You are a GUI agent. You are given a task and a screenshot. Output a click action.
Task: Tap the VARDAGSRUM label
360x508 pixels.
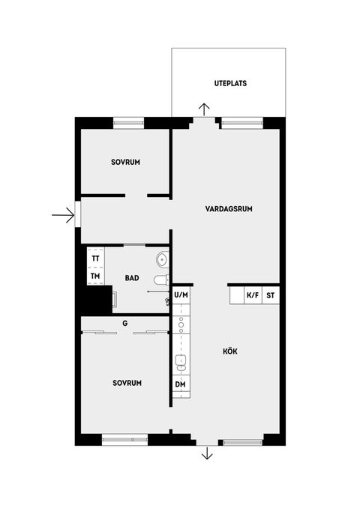click(x=229, y=209)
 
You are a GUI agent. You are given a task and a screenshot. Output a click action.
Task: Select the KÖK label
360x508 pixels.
click(x=229, y=351)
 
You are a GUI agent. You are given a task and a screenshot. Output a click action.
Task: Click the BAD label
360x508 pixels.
click(x=132, y=278)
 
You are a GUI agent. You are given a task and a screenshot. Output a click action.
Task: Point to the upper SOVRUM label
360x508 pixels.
click(x=126, y=162)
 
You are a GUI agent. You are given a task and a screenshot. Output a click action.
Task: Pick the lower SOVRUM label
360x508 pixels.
click(x=127, y=382)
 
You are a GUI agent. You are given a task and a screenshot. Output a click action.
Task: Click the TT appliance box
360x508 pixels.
click(x=95, y=258)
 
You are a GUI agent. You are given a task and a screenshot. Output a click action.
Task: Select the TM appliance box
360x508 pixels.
click(x=95, y=276)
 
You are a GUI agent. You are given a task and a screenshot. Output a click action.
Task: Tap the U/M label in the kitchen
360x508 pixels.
click(x=181, y=295)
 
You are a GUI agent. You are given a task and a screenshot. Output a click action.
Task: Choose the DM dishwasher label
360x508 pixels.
click(x=181, y=384)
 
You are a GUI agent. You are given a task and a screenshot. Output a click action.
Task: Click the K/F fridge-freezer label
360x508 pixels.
click(x=253, y=295)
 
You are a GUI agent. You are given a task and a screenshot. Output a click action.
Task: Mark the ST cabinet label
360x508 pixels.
click(x=271, y=295)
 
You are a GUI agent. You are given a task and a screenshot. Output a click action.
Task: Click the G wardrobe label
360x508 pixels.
click(x=125, y=323)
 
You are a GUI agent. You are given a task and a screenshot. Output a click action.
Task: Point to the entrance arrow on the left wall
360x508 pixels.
click(x=63, y=216)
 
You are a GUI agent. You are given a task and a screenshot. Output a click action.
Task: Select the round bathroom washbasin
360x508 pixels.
click(x=162, y=260)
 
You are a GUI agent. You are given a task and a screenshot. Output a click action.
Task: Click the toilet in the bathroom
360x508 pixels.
click(x=160, y=280)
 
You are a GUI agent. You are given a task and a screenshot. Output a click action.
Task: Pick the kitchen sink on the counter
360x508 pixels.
click(x=180, y=363)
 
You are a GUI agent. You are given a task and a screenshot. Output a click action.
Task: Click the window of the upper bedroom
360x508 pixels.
click(x=128, y=121)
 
